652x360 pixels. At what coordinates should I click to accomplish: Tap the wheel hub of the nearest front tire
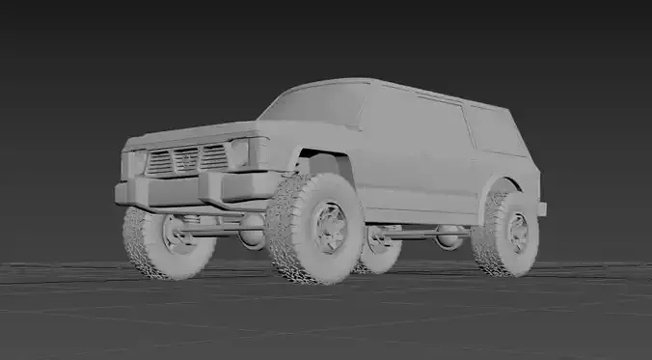click(330, 228)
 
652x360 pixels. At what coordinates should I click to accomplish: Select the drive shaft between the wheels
click(415, 233)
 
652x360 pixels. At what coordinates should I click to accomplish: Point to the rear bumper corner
click(541, 208)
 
